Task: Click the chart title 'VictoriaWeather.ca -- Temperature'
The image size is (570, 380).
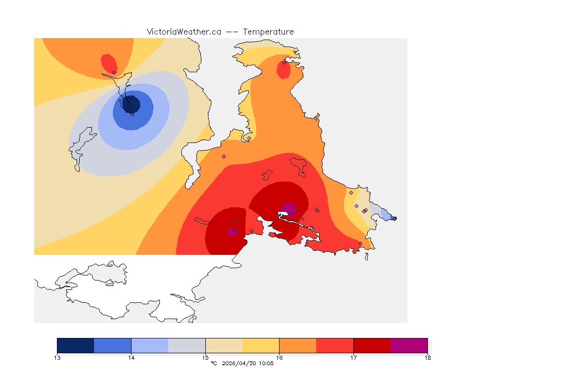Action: coord(220,32)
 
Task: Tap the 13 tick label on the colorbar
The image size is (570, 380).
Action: coord(57,358)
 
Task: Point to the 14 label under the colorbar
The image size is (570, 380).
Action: coord(131,358)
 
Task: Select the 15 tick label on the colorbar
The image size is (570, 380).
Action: coord(205,358)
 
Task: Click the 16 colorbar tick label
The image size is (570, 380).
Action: coord(279,358)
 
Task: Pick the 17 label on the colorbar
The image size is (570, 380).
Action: coord(353,358)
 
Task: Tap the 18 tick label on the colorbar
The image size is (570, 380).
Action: coord(427,358)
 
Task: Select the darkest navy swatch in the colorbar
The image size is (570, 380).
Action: coord(75,345)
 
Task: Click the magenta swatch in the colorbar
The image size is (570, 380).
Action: coord(409,345)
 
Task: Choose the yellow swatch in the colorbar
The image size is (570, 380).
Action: coord(261,345)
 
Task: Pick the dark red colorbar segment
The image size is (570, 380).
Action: coord(372,345)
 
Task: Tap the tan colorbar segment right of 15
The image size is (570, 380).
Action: coord(224,345)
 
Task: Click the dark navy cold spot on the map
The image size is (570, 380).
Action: coord(131,105)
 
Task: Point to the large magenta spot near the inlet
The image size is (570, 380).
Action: coord(288,209)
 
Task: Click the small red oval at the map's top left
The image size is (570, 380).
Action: coord(109,63)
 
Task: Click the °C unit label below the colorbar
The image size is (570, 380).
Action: coord(214,364)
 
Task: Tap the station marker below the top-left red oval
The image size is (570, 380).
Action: coord(114,72)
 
